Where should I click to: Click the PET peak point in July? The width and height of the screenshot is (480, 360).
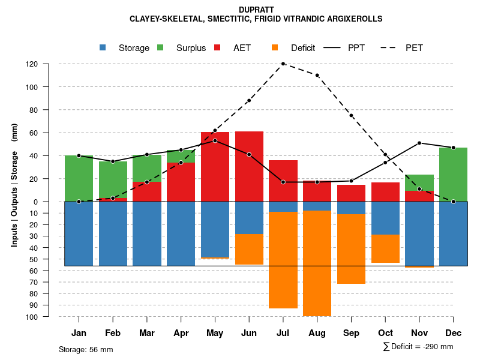(x=283, y=64)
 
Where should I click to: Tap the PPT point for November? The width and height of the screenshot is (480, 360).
(x=419, y=143)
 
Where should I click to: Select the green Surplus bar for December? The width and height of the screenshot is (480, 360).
(x=453, y=174)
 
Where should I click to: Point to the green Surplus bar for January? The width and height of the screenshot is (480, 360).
(x=79, y=178)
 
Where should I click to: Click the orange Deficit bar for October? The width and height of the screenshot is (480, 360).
(x=385, y=248)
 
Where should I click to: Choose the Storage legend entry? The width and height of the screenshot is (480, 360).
(x=125, y=48)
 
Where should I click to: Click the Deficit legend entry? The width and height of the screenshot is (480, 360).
(x=295, y=48)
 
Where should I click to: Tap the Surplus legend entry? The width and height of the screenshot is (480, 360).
(x=182, y=48)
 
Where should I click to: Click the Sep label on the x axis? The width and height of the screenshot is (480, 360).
(x=351, y=333)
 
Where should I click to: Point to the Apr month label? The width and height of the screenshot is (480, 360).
(x=181, y=333)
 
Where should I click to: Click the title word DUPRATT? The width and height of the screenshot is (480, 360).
(x=256, y=10)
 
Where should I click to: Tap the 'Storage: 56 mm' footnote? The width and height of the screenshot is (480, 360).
(x=86, y=349)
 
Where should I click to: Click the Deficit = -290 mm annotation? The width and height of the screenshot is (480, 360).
(x=418, y=347)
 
